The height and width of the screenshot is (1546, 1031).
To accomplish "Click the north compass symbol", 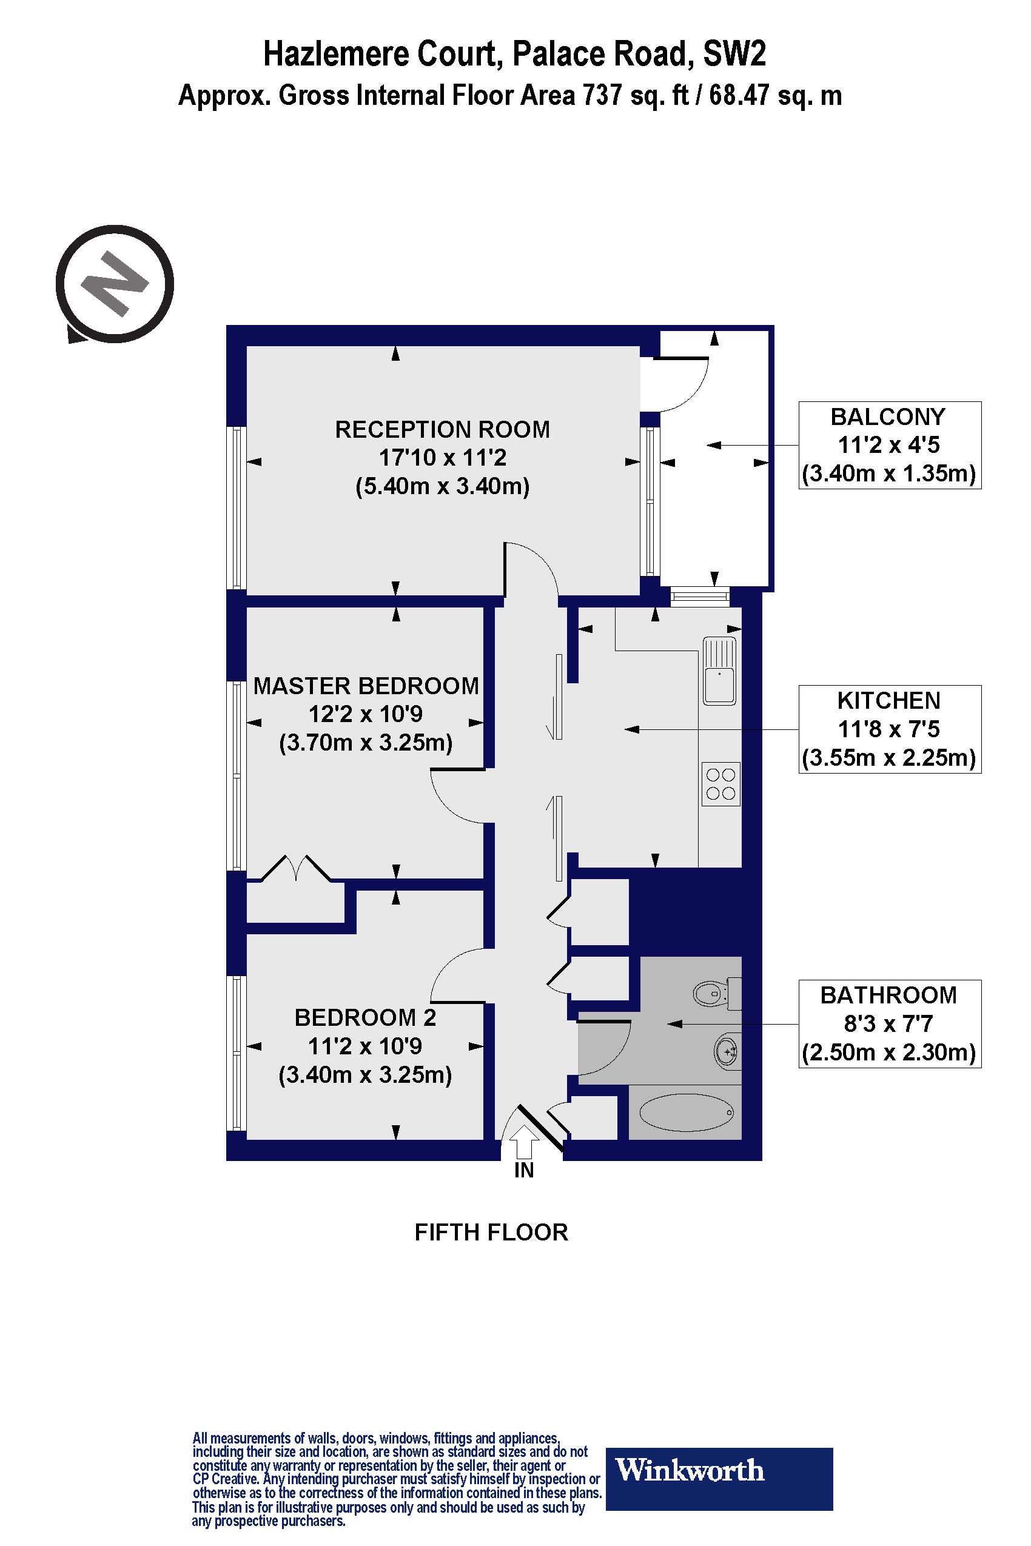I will (115, 284).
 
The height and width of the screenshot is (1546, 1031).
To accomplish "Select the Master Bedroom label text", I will (366, 686).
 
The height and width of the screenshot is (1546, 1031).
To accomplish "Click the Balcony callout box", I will (890, 445).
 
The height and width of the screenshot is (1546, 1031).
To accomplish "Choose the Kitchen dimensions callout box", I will (890, 729).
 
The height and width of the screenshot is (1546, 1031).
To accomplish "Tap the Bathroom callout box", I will (890, 1023).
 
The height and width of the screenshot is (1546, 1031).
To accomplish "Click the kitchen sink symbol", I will (719, 671).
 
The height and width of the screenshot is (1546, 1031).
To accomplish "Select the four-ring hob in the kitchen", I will (720, 783).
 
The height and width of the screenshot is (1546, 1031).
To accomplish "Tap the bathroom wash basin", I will (727, 1051).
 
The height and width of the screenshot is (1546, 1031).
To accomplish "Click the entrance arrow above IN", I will (523, 1142).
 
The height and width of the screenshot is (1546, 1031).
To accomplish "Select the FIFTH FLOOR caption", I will (491, 1232).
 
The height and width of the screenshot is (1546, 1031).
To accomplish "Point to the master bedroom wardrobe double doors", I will (297, 868).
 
